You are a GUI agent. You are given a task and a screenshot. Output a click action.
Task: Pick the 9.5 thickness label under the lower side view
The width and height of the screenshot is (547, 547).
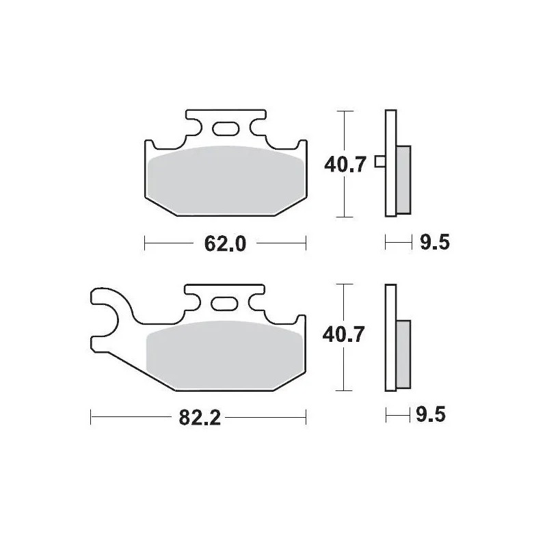[x=431, y=414]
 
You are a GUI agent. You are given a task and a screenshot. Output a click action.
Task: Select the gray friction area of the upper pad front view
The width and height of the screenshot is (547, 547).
[x=226, y=178]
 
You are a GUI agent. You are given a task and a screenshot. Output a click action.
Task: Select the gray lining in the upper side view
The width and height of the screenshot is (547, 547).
[x=403, y=179]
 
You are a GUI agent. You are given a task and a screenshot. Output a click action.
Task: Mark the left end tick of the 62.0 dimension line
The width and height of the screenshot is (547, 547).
[x=145, y=243]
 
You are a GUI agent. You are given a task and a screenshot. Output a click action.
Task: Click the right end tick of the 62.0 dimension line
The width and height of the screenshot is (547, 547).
[x=306, y=243]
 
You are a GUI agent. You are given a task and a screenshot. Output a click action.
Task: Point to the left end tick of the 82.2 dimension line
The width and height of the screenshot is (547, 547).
[x=91, y=414]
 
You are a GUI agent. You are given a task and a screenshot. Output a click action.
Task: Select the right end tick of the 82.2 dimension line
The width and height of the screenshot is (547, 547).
[x=306, y=414]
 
